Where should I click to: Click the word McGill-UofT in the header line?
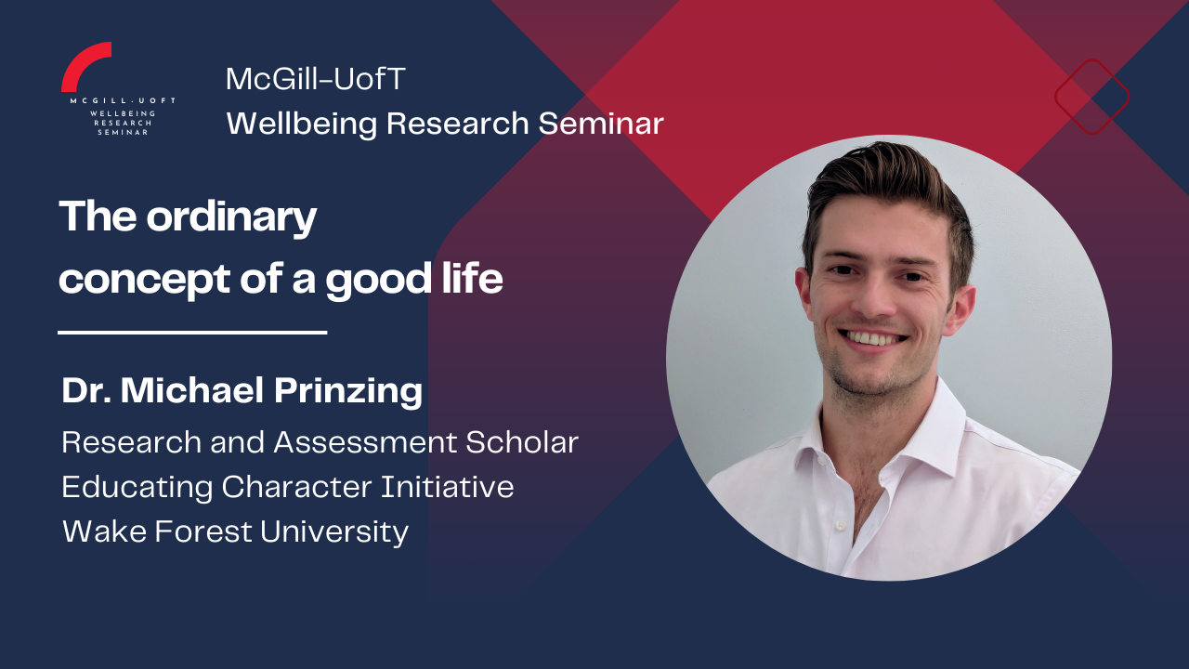coord(316,79)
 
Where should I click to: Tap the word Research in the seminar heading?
coord(457,124)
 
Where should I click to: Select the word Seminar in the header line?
coord(601,124)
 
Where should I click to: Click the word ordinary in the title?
coord(231,217)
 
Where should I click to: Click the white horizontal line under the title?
coord(192,333)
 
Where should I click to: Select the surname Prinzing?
coord(348,392)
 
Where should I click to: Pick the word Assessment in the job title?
coord(365,442)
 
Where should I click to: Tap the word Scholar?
coord(522,442)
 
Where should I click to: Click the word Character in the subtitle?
coord(296,487)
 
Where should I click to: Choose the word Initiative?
coord(448,486)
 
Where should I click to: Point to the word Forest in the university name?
coord(203,531)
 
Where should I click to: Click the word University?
coord(334,532)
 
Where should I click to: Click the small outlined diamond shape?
coord(1091,59)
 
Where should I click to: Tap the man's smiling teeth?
coord(873,337)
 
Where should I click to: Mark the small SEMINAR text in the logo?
coord(123,132)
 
